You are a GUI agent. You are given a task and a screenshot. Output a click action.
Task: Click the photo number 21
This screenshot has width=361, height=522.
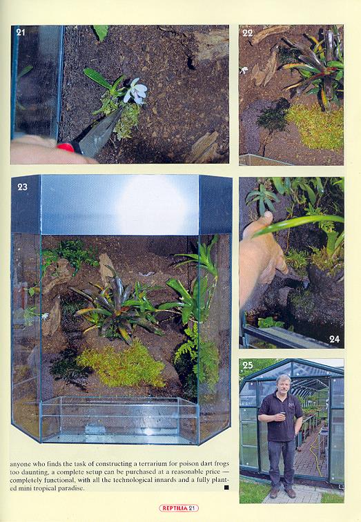[21, 32]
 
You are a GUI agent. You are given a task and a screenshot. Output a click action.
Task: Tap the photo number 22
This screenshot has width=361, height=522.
[248, 32]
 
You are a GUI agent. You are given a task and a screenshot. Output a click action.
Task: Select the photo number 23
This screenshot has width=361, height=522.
[22, 187]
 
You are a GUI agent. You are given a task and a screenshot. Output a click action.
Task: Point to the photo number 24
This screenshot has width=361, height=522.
[334, 339]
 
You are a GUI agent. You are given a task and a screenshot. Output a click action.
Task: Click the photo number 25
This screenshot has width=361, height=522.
[248, 365]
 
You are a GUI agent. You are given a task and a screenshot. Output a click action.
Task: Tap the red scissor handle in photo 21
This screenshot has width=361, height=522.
[65, 148]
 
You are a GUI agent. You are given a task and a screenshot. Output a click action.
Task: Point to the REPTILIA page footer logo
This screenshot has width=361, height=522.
[179, 508]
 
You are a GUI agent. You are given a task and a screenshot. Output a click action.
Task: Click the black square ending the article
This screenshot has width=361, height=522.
[226, 487]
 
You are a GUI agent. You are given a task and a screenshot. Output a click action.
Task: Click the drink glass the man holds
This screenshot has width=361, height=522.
[283, 414]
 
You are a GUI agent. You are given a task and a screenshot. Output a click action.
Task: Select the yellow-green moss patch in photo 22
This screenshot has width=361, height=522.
[315, 127]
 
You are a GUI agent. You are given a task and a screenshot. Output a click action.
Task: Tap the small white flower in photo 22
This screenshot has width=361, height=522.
[244, 70]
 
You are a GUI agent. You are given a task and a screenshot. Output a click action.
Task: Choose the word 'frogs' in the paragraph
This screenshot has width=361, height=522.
[221, 463]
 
